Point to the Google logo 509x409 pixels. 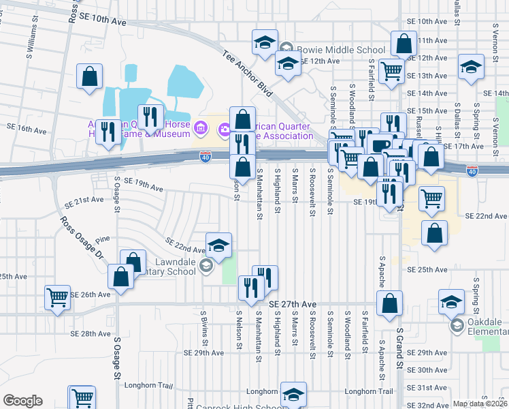point(22,401)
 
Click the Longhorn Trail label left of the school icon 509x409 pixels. point(262,392)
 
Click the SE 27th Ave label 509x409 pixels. point(293,304)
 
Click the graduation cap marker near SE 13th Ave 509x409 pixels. point(470,67)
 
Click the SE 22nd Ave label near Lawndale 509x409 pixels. point(185,245)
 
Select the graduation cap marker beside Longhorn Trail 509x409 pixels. point(293,394)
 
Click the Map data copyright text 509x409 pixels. point(480,404)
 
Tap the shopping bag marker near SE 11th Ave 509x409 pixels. point(404,44)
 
